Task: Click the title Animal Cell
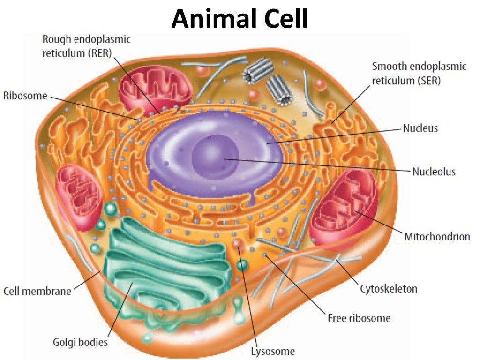click(x=240, y=19)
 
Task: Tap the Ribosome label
click(x=25, y=96)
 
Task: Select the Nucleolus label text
click(x=434, y=172)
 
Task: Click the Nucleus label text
click(x=420, y=128)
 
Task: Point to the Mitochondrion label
click(x=437, y=237)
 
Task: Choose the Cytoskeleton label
click(x=388, y=288)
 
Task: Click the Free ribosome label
click(x=359, y=318)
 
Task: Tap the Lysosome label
click(x=272, y=351)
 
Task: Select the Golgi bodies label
click(x=80, y=342)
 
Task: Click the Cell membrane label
click(x=37, y=291)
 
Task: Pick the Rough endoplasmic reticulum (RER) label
click(x=86, y=46)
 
